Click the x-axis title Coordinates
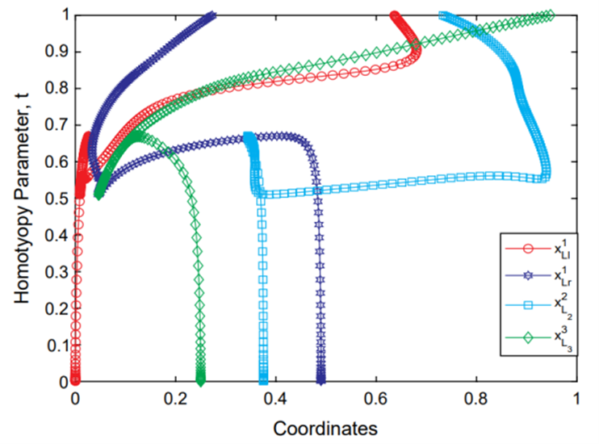(x=325, y=425)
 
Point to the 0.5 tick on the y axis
(x=75, y=199)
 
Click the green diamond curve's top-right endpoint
(x=551, y=15)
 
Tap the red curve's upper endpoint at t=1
(x=394, y=15)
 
